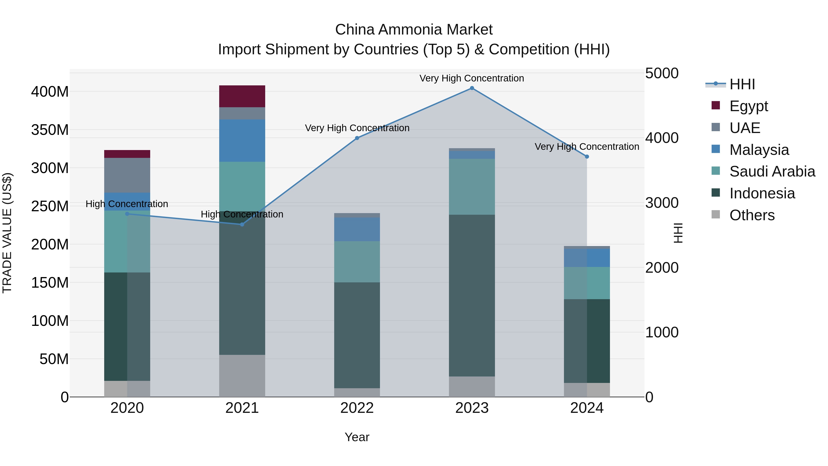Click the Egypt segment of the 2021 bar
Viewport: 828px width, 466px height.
[x=242, y=96]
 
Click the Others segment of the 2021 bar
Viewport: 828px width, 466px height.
[x=242, y=376]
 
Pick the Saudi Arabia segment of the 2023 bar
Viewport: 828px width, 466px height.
[x=472, y=187]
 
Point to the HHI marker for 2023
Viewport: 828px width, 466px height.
[x=472, y=88]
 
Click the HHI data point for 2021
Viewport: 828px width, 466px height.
[x=242, y=224]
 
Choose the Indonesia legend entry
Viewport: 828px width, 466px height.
[x=762, y=193]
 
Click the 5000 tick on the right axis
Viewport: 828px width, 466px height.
[x=661, y=73]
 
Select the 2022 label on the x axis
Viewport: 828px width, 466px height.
[x=357, y=408]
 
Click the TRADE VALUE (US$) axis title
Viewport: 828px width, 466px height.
[x=7, y=233]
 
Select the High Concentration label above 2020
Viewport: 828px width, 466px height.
[x=127, y=204]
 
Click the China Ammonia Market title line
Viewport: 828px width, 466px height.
[x=414, y=30]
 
